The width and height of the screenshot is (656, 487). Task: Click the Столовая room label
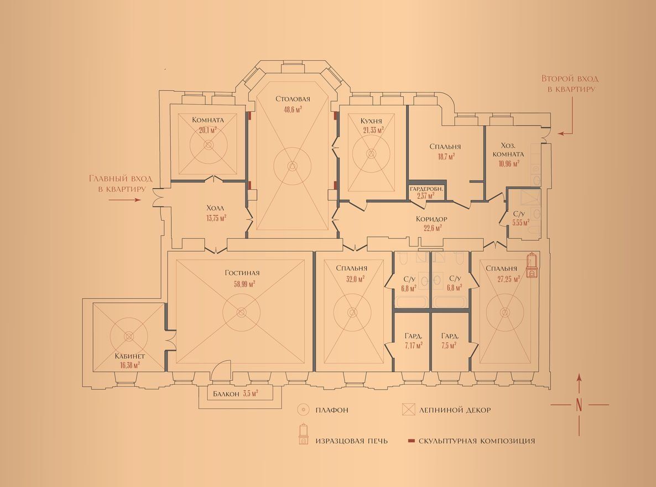point(293,99)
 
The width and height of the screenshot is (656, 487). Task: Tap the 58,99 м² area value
point(244,283)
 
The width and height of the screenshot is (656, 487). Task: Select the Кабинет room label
point(129,356)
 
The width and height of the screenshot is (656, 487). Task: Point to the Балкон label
point(226,393)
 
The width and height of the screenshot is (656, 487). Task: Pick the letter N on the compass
point(579,405)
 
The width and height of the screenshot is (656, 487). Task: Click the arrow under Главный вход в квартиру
point(124,200)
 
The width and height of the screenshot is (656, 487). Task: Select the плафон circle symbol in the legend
point(303,410)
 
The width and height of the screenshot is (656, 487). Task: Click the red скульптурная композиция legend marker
point(412,441)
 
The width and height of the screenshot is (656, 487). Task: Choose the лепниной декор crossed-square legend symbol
point(408,410)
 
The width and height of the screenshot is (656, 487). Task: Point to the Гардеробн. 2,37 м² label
point(426,192)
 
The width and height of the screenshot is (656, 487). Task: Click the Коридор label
point(431,219)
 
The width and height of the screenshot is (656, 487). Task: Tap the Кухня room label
point(371,121)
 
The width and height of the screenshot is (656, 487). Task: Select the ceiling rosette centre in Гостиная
point(241,312)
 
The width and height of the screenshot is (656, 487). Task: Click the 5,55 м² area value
point(521,223)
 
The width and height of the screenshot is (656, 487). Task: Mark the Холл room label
point(215,208)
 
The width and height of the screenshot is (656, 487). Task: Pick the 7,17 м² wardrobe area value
point(413,345)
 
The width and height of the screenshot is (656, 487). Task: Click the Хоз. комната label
point(508,150)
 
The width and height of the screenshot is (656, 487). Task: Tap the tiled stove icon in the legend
point(303,434)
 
